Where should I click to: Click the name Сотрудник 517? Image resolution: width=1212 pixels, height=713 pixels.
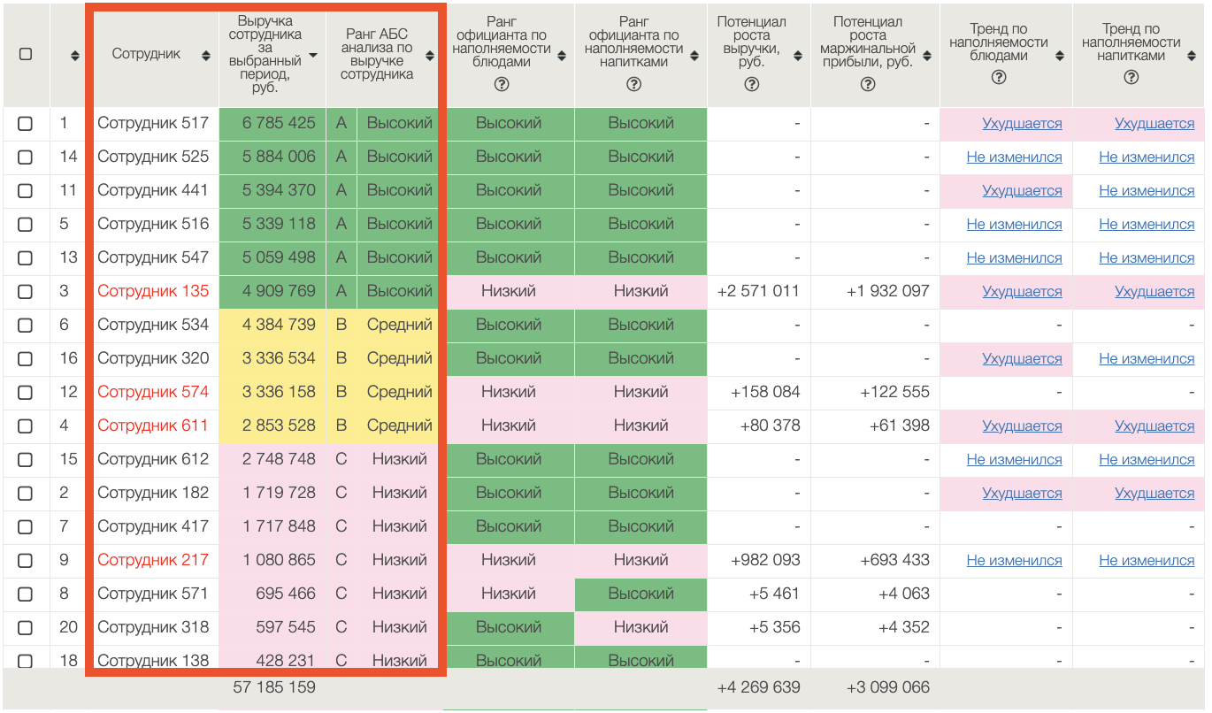[153, 124]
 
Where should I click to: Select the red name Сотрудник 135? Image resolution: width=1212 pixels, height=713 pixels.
[153, 292]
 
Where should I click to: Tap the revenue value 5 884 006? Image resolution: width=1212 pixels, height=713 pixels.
[279, 157]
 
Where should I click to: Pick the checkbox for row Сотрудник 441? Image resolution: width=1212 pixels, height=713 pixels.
[26, 191]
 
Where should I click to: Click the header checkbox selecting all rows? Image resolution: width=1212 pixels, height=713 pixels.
[26, 54]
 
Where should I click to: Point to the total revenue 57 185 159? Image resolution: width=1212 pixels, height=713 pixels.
[274, 687]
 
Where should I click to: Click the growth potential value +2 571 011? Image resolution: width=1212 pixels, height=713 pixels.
[758, 292]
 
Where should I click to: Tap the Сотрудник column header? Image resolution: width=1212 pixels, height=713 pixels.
[146, 55]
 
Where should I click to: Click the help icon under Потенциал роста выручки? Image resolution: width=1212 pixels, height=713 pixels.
[752, 85]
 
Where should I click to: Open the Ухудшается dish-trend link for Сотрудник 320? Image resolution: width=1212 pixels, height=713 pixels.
[1022, 359]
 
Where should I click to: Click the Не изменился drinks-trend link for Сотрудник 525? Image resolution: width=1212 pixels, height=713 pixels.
[1147, 157]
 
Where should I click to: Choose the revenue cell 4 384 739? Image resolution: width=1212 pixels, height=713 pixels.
[279, 326]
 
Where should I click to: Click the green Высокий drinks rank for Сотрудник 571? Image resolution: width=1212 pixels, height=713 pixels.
[641, 594]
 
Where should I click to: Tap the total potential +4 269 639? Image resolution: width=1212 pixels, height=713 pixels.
[758, 687]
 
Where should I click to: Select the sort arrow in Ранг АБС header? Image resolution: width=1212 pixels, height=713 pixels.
[430, 56]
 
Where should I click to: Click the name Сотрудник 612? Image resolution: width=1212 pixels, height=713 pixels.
[153, 460]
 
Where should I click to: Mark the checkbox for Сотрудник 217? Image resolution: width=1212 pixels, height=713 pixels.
[26, 561]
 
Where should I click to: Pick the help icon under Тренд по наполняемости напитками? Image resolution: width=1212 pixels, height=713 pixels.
[1131, 78]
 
